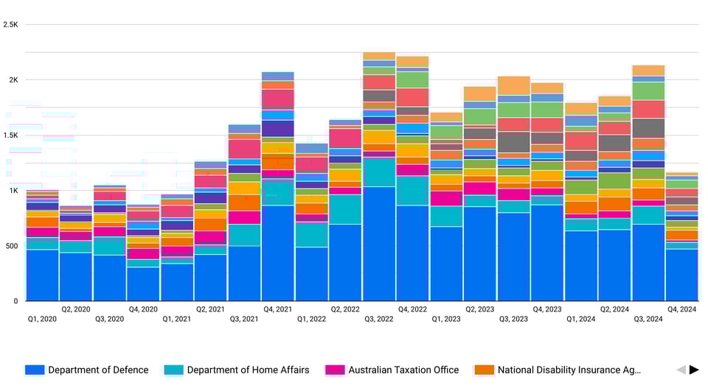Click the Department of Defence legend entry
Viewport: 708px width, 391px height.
click(x=87, y=370)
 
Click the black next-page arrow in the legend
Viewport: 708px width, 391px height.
click(x=694, y=370)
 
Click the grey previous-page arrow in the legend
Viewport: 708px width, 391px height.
click(x=681, y=370)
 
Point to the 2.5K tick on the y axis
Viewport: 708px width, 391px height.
click(x=10, y=24)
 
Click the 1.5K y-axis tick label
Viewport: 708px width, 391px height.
click(x=10, y=135)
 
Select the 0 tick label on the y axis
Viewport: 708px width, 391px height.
click(x=15, y=300)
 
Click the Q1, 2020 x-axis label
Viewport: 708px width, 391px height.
click(x=42, y=319)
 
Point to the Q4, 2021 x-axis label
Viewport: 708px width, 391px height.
click(x=277, y=309)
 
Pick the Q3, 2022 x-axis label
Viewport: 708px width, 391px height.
click(x=379, y=319)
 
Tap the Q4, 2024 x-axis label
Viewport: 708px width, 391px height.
click(x=681, y=309)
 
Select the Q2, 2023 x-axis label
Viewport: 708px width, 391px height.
click(x=479, y=309)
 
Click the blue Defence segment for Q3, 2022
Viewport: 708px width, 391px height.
click(x=379, y=244)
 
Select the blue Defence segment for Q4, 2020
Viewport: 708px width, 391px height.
click(x=143, y=283)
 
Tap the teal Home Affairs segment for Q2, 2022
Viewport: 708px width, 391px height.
click(x=345, y=209)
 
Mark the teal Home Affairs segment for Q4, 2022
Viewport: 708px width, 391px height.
click(x=412, y=190)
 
